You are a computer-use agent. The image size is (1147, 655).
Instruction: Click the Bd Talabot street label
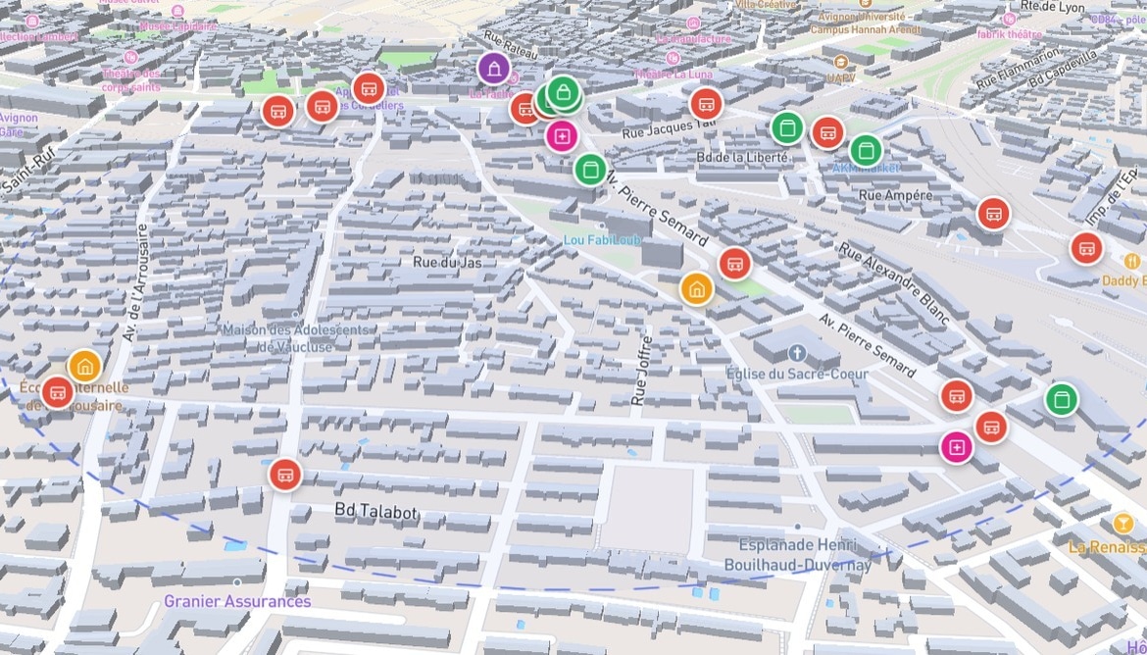[x=375, y=512]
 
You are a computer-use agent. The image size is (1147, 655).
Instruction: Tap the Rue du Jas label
[x=447, y=262]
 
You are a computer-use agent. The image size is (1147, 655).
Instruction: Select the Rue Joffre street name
[x=642, y=371]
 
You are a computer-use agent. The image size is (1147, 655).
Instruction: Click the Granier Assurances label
[x=237, y=601]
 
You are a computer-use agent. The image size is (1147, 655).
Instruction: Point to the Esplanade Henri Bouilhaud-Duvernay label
[x=797, y=555]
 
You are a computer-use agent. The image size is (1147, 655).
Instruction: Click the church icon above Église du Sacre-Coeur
[x=796, y=352]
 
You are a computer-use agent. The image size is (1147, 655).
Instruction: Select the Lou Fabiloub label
[x=602, y=240]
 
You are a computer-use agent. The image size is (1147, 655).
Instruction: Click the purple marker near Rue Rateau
[x=493, y=69]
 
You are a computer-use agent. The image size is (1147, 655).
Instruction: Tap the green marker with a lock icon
[x=564, y=94]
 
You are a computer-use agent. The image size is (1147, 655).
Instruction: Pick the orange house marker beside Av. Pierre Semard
[x=696, y=288]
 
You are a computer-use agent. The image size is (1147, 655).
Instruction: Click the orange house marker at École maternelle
[x=85, y=367]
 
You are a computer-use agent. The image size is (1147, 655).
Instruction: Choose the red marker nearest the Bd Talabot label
[x=285, y=475]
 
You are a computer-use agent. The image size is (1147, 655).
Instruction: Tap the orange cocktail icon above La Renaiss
[x=1123, y=523]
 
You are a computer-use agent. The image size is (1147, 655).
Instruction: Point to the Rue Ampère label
[x=895, y=195]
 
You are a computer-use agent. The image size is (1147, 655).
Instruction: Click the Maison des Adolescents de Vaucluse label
[x=296, y=337]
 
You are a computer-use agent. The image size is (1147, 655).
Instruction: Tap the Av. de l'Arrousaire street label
[x=135, y=283]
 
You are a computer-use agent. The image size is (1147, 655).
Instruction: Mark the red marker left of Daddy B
[x=1086, y=248]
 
